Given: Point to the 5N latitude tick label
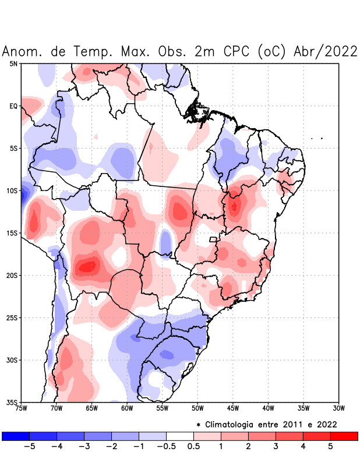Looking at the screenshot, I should point(13,63).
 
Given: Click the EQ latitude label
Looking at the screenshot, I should point(13,106).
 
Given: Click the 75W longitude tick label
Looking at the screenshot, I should point(22,408).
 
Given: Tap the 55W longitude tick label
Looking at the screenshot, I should point(162,408).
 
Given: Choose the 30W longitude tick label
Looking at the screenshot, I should point(338,408).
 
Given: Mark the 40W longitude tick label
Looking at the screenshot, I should point(268,408).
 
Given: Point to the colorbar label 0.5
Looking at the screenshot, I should point(194,446).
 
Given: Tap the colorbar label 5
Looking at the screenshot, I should point(331,446).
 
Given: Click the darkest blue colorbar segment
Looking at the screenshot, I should point(16,436).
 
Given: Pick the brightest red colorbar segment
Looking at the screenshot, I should point(344,436).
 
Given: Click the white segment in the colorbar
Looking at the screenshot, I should point(179,436).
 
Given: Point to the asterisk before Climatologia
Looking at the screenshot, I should point(199,425).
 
